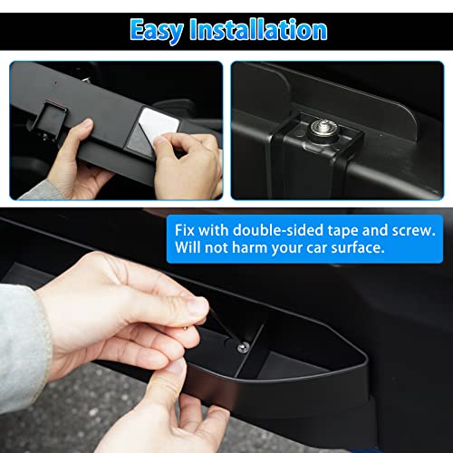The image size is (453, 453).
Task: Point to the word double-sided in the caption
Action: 281,227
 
